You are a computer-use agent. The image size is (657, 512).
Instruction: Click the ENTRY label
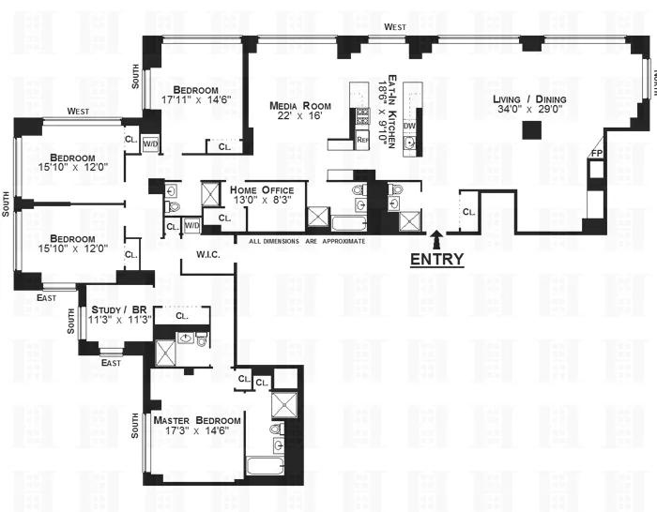[x=436, y=260]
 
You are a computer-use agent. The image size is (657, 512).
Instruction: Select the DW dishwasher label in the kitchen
[x=409, y=126]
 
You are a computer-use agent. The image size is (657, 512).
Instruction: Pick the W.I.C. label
[x=207, y=253]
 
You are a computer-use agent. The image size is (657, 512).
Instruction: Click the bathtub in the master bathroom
[x=267, y=467]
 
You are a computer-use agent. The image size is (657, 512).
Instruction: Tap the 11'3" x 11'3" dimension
[x=120, y=320]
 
